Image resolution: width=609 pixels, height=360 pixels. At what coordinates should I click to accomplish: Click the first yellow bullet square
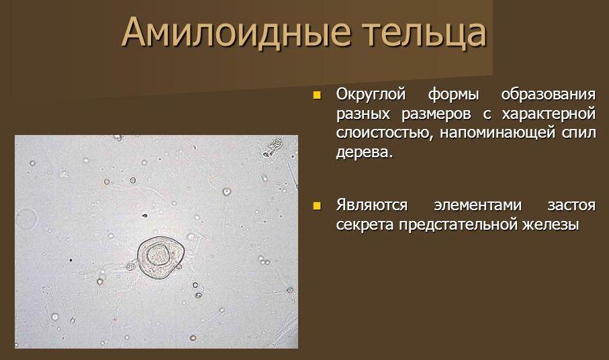click(318, 95)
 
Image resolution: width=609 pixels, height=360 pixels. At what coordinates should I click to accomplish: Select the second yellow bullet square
click(318, 206)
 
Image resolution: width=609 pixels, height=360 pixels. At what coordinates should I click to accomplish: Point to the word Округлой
click(371, 95)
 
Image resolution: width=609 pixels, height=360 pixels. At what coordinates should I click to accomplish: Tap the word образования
click(549, 95)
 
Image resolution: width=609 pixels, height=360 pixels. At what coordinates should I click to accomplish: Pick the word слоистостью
click(385, 134)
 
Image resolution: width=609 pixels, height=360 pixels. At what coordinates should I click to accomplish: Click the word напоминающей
click(498, 134)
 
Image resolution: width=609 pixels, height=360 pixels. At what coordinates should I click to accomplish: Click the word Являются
click(372, 205)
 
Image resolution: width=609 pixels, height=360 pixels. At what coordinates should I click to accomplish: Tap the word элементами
click(477, 206)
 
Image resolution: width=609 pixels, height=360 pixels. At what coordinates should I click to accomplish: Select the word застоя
click(571, 206)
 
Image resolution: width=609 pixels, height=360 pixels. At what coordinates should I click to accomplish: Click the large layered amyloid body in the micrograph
click(160, 257)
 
